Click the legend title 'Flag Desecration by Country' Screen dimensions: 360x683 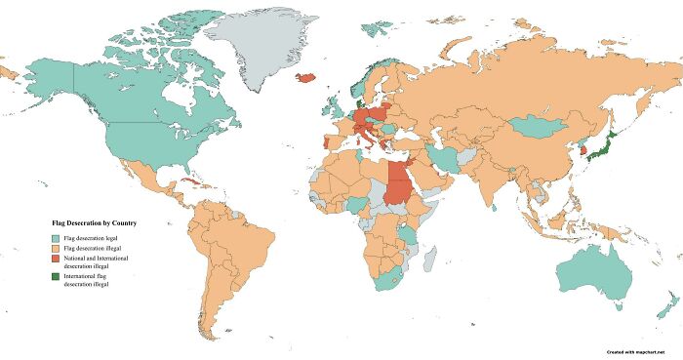[94, 223]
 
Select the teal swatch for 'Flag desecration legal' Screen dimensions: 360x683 [56, 238]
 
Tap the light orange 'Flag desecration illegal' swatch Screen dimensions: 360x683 [56, 250]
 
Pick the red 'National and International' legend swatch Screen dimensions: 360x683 [56, 260]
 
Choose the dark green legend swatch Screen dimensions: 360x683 [56, 280]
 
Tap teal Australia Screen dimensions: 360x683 [595, 273]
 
